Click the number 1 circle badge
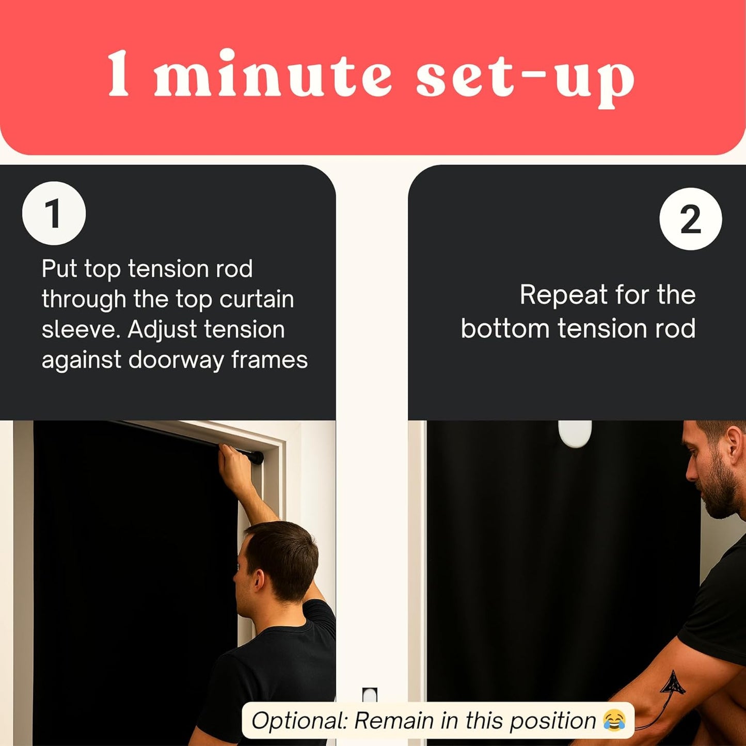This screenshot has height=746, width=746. [54, 213]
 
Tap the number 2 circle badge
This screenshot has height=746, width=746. [690, 219]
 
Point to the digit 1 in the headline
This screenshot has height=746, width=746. [118, 73]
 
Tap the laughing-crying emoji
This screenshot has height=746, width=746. [614, 720]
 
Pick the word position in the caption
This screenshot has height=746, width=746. [552, 721]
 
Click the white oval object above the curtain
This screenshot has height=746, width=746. [575, 434]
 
